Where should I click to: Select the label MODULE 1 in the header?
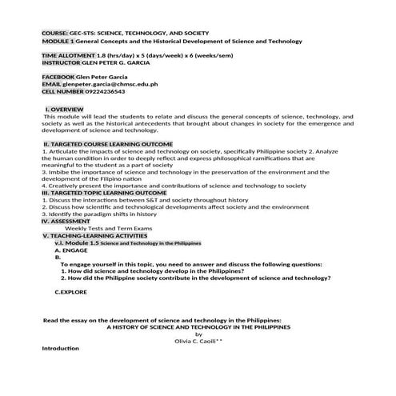[x=58, y=41]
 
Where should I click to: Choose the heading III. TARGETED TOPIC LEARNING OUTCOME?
[x=104, y=193]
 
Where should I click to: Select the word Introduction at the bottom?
[x=60, y=349]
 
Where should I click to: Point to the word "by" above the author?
[x=188, y=334]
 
